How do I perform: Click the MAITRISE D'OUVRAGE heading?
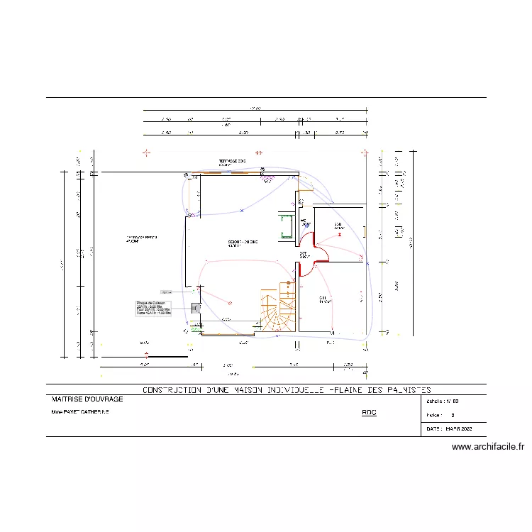point(83,399)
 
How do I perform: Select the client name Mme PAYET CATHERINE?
point(79,412)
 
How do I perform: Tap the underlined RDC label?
point(369,412)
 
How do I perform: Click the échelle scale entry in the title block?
point(443,401)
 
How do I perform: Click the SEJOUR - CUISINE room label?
point(243,243)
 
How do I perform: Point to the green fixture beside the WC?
point(287,226)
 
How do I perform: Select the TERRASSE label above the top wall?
point(232,161)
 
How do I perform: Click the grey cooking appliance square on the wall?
point(196,308)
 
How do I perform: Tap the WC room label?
point(304,223)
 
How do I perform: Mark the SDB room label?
point(338,226)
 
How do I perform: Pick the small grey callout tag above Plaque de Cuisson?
point(166,292)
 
